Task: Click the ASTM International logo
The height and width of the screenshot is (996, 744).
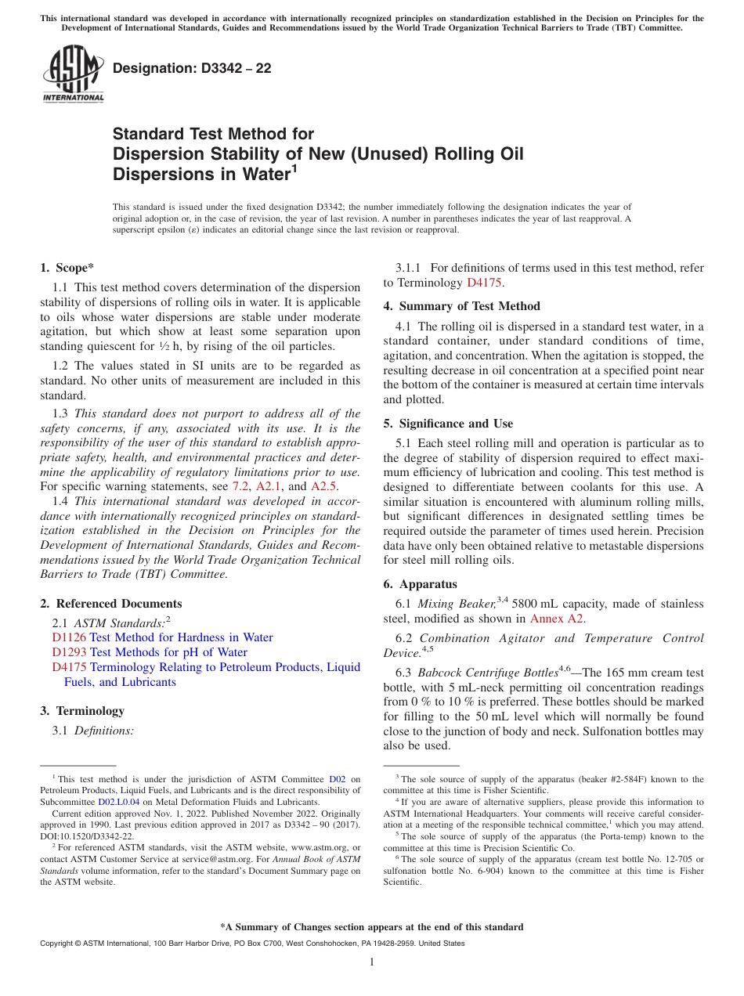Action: click(x=73, y=74)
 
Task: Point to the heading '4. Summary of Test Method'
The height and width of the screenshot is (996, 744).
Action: click(x=462, y=306)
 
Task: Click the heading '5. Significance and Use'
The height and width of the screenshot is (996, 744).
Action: click(x=448, y=424)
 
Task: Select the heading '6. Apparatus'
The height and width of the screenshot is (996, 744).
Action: click(x=420, y=584)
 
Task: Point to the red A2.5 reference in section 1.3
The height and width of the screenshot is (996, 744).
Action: click(x=325, y=486)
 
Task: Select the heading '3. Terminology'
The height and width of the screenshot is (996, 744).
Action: click(x=82, y=711)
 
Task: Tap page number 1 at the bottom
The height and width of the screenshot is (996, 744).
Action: click(x=372, y=962)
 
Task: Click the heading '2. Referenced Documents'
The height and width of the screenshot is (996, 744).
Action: click(x=111, y=604)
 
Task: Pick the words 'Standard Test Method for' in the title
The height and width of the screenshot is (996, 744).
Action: click(x=213, y=134)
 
